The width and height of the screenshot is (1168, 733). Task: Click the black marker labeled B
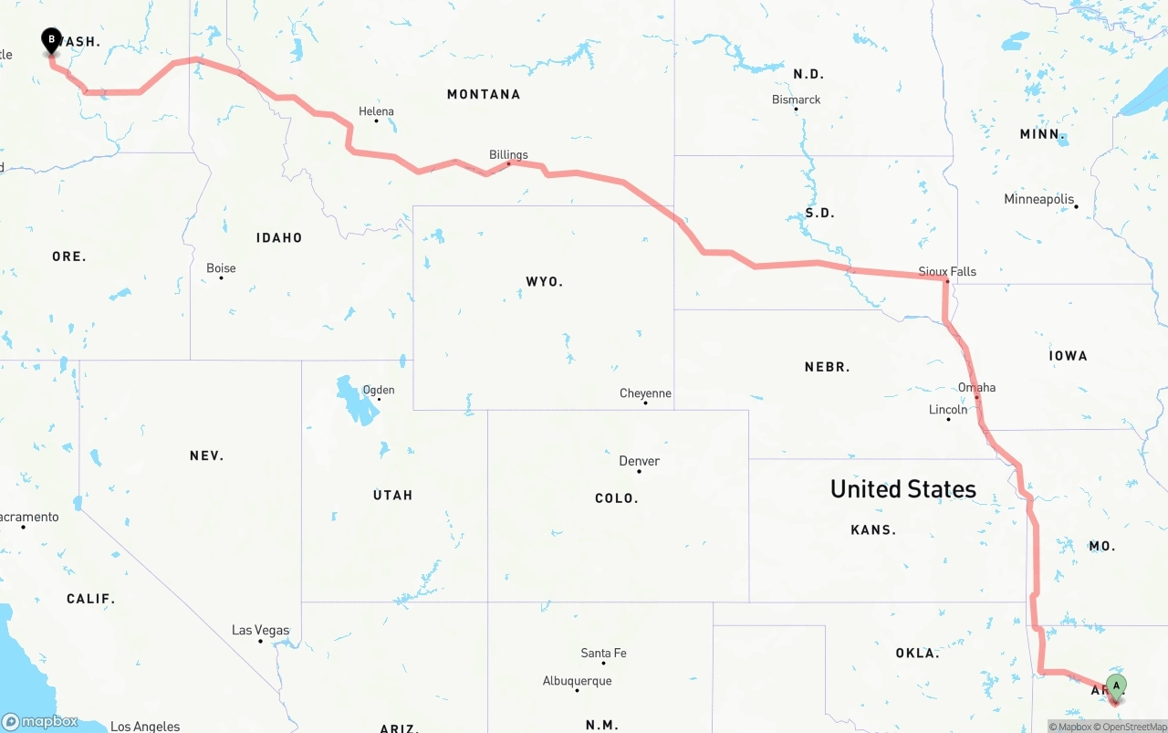pos(51,40)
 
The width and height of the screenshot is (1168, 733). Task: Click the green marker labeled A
pos(1116,687)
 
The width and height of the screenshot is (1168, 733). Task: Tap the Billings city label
pos(508,154)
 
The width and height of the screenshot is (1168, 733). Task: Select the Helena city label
pos(376,111)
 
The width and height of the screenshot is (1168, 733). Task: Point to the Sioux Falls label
pos(947,271)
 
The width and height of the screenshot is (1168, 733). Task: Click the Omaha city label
pos(976,387)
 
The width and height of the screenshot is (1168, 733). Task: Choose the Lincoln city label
pos(947,410)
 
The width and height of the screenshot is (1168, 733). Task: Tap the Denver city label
pos(639,461)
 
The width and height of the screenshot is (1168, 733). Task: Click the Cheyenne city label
pos(645,393)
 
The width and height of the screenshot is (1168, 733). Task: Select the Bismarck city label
pos(796,99)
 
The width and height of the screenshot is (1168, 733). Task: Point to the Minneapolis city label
pos(1038,199)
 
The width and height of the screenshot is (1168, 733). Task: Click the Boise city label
pos(221,268)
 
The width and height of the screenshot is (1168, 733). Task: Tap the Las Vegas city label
pos(260,630)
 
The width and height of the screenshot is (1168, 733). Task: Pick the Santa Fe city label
pos(603,653)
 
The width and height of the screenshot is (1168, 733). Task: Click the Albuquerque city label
pos(577,681)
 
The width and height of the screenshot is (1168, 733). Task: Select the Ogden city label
pos(379,390)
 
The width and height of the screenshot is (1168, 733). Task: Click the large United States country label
pos(902,489)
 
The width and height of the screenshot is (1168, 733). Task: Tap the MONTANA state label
pos(484,94)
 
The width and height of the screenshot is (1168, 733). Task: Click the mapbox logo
pos(39,722)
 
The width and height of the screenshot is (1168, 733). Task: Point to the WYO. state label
pos(544,281)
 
